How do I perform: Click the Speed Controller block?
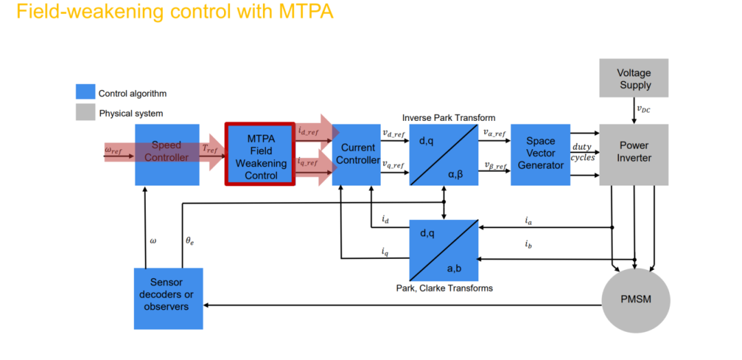point(166,155)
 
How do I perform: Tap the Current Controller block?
point(356,155)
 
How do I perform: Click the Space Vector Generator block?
point(540,155)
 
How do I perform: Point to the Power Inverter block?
point(633,155)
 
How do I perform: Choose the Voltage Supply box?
point(633,78)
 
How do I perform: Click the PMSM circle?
point(636,300)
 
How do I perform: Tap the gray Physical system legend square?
point(85,113)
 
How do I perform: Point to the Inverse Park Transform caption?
point(448,117)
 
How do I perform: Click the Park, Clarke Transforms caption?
point(444,288)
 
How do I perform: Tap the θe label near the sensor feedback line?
point(190,241)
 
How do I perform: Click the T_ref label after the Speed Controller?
point(210,149)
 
